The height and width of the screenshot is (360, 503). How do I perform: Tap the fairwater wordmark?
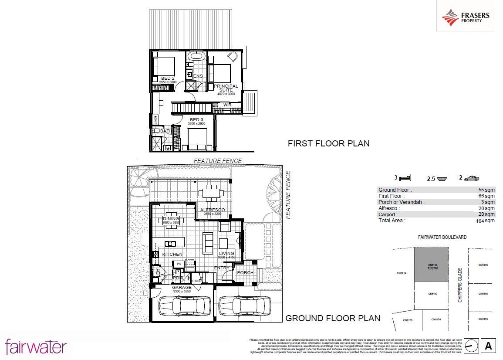click(x=36, y=347)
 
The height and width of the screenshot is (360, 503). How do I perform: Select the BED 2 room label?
click(x=168, y=78)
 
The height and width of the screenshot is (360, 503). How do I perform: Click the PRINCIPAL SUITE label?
click(x=226, y=88)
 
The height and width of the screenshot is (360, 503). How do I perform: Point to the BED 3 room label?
click(x=196, y=119)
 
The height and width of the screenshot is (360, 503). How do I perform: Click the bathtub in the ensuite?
click(x=196, y=56)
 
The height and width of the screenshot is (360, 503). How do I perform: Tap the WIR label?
click(x=227, y=105)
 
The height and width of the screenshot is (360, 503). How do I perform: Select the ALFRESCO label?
click(x=213, y=210)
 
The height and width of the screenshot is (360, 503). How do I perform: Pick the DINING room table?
click(x=171, y=220)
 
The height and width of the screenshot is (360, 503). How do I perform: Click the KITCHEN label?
click(x=172, y=254)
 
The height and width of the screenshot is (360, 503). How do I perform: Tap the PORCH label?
click(x=245, y=273)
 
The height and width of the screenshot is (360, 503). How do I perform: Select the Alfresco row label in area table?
click(x=389, y=208)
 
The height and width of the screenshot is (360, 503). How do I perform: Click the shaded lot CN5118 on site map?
click(x=431, y=265)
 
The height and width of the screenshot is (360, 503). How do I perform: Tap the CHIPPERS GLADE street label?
click(x=460, y=285)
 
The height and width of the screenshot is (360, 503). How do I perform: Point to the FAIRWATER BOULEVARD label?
click(x=442, y=237)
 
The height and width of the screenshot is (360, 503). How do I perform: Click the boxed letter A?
click(x=488, y=346)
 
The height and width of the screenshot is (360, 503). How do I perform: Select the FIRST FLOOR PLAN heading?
click(x=328, y=143)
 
